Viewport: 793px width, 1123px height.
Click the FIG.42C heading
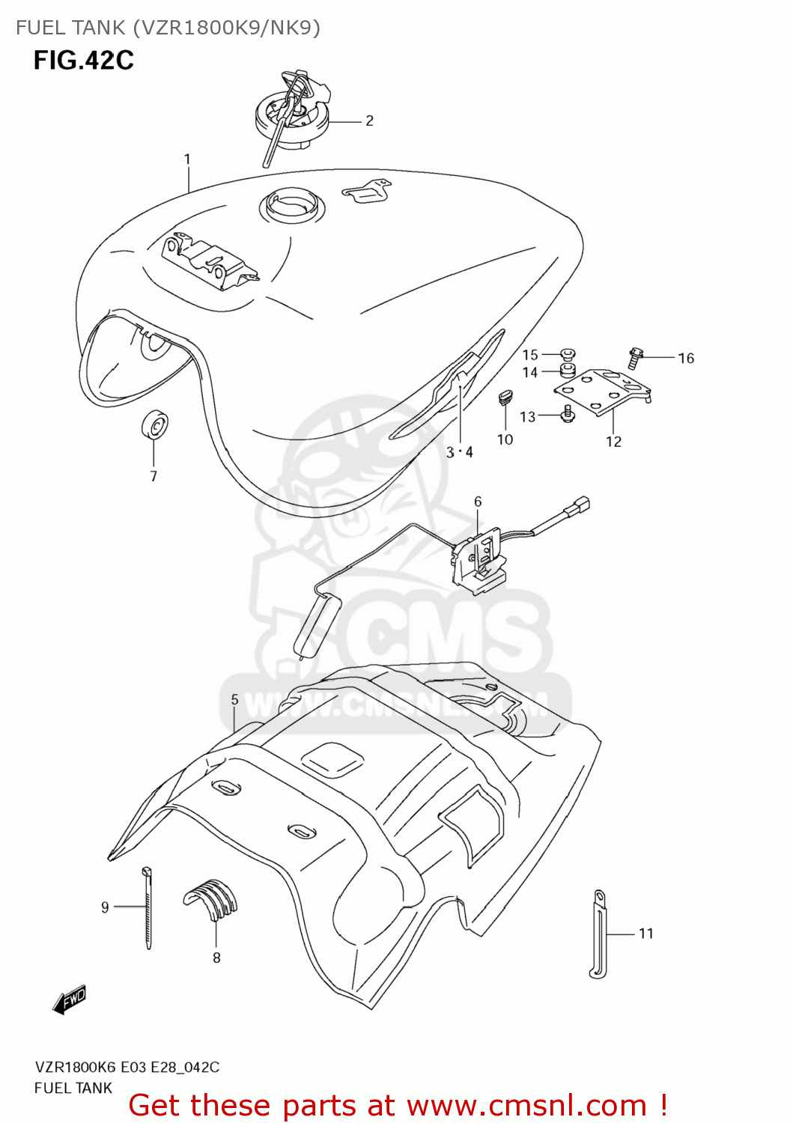83,60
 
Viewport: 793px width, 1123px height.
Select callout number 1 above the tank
187,159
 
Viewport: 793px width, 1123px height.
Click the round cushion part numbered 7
154,425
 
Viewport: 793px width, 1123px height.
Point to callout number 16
686,359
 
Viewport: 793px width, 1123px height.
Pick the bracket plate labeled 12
603,391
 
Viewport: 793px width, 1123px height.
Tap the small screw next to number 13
568,413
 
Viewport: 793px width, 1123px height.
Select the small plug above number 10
505,396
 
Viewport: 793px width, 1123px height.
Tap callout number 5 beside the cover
234,699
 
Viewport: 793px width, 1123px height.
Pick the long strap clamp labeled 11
598,933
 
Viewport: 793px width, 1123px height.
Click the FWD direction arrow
70,1000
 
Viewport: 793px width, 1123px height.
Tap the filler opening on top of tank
292,204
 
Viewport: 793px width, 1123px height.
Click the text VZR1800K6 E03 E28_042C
127,1067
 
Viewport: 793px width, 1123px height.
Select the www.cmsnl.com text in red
526,1105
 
